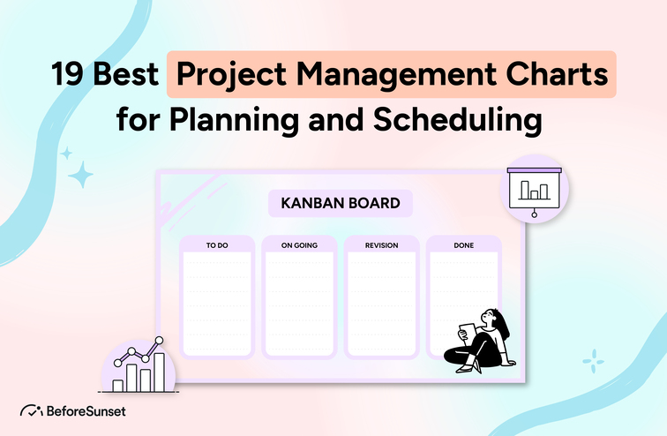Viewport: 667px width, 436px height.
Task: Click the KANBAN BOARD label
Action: coord(340,204)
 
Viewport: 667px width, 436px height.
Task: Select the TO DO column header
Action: coord(217,245)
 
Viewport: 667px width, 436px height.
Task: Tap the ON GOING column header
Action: coord(299,245)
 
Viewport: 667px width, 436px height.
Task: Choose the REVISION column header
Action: coord(381,245)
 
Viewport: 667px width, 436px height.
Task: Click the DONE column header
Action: coord(463,245)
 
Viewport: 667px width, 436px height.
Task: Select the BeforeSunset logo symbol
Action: coord(30,410)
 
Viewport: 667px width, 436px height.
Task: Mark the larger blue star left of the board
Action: coord(81,176)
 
